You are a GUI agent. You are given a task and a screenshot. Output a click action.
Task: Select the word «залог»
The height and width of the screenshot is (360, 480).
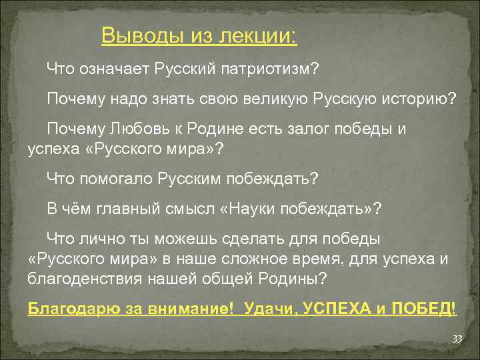point(297,129)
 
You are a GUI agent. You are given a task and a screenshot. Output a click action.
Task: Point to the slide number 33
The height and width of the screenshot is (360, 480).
point(457,339)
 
